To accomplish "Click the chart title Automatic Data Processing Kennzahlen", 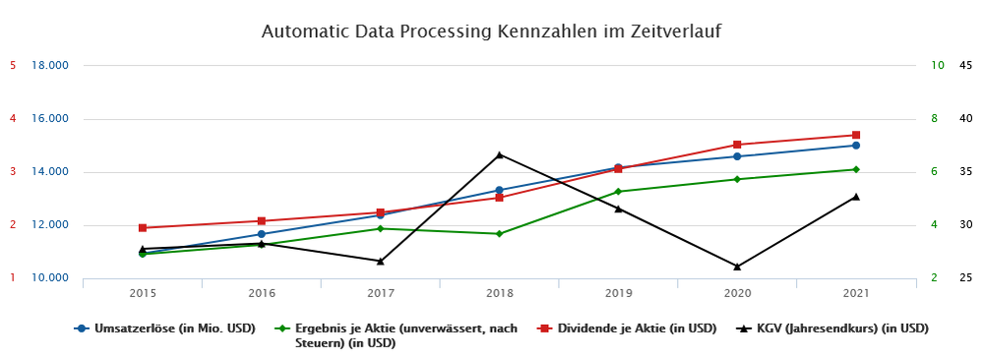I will (x=491, y=31).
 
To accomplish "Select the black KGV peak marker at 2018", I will (x=500, y=154).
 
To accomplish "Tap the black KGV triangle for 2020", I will (x=737, y=266).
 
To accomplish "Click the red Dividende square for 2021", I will (x=856, y=135).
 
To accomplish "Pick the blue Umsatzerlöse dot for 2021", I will (x=856, y=146).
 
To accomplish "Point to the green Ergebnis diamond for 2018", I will (x=500, y=234).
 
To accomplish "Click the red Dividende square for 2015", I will (x=143, y=228).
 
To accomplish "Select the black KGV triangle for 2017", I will (x=381, y=261).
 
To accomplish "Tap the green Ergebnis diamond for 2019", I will (x=618, y=192).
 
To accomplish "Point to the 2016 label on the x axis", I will (x=262, y=293).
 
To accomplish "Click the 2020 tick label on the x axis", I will (x=737, y=293).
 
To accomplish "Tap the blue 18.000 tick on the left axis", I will (x=50, y=66).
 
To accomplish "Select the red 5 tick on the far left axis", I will (x=13, y=66).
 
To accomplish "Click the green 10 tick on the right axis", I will (x=937, y=66).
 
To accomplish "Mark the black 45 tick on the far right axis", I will (x=965, y=66).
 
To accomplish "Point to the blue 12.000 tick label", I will (x=50, y=225).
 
